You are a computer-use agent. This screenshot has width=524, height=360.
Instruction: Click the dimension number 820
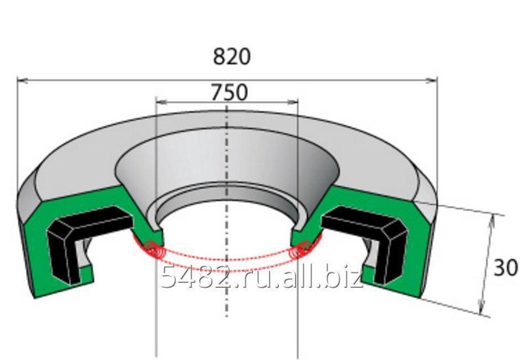(231, 57)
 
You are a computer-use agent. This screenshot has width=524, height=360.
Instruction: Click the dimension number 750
(230, 93)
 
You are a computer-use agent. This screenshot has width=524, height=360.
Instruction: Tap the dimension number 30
(506, 267)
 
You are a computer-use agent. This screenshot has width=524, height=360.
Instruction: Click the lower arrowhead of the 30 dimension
(481, 308)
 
